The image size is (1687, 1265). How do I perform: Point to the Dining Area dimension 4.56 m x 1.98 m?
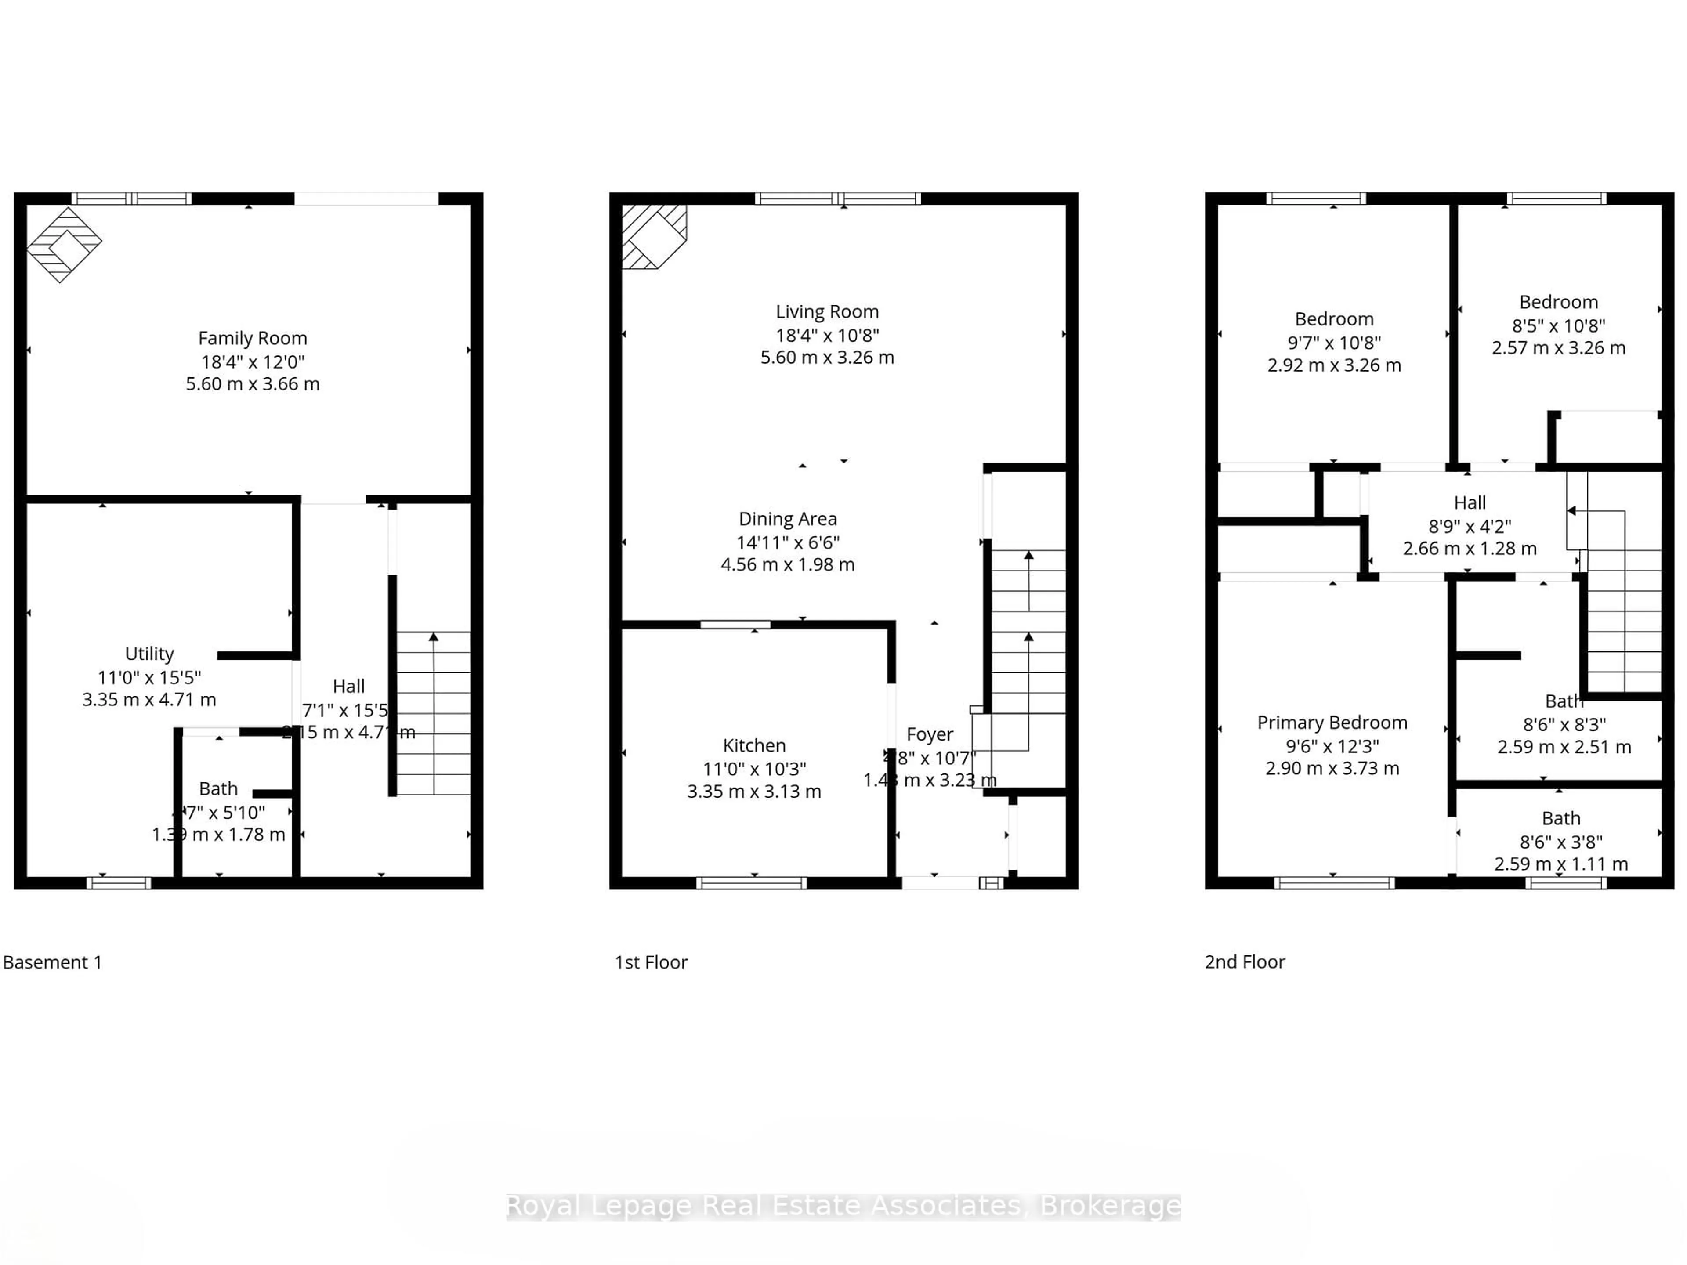(787, 565)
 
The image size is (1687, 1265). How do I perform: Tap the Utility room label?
(149, 654)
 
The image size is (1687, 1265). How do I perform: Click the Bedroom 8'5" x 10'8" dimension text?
(1558, 325)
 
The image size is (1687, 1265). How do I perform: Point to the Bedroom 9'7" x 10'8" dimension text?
(1334, 342)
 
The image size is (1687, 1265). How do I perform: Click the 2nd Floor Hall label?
(1469, 502)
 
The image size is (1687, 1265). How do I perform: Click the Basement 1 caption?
(52, 962)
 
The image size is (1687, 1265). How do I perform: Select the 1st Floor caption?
(651, 962)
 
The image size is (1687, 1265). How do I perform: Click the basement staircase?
(433, 713)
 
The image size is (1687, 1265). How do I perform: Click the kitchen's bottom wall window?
(751, 883)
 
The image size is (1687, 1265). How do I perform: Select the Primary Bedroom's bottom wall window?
(1334, 883)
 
